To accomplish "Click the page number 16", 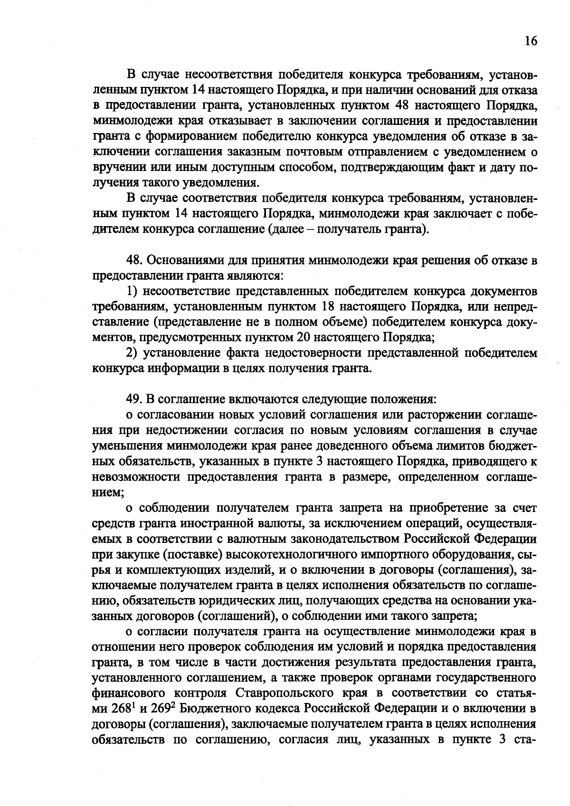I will tap(531, 41).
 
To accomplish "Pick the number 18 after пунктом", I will tap(329, 306).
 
